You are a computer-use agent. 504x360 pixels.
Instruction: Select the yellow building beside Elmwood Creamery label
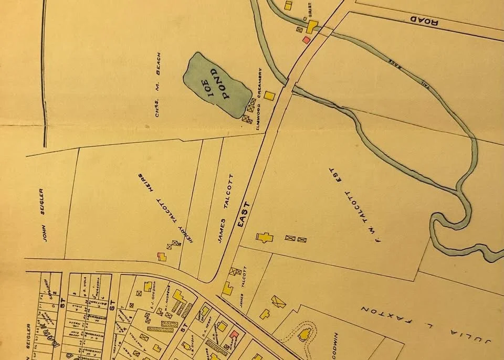point(269,96)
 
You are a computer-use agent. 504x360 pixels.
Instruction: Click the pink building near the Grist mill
point(307,40)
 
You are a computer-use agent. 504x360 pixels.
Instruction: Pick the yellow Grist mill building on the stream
point(312,27)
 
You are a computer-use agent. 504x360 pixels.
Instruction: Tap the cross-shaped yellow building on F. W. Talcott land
point(265,237)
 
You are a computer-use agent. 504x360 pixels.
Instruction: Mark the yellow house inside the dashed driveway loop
point(303,334)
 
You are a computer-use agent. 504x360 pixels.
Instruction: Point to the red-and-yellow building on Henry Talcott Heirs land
point(162,256)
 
